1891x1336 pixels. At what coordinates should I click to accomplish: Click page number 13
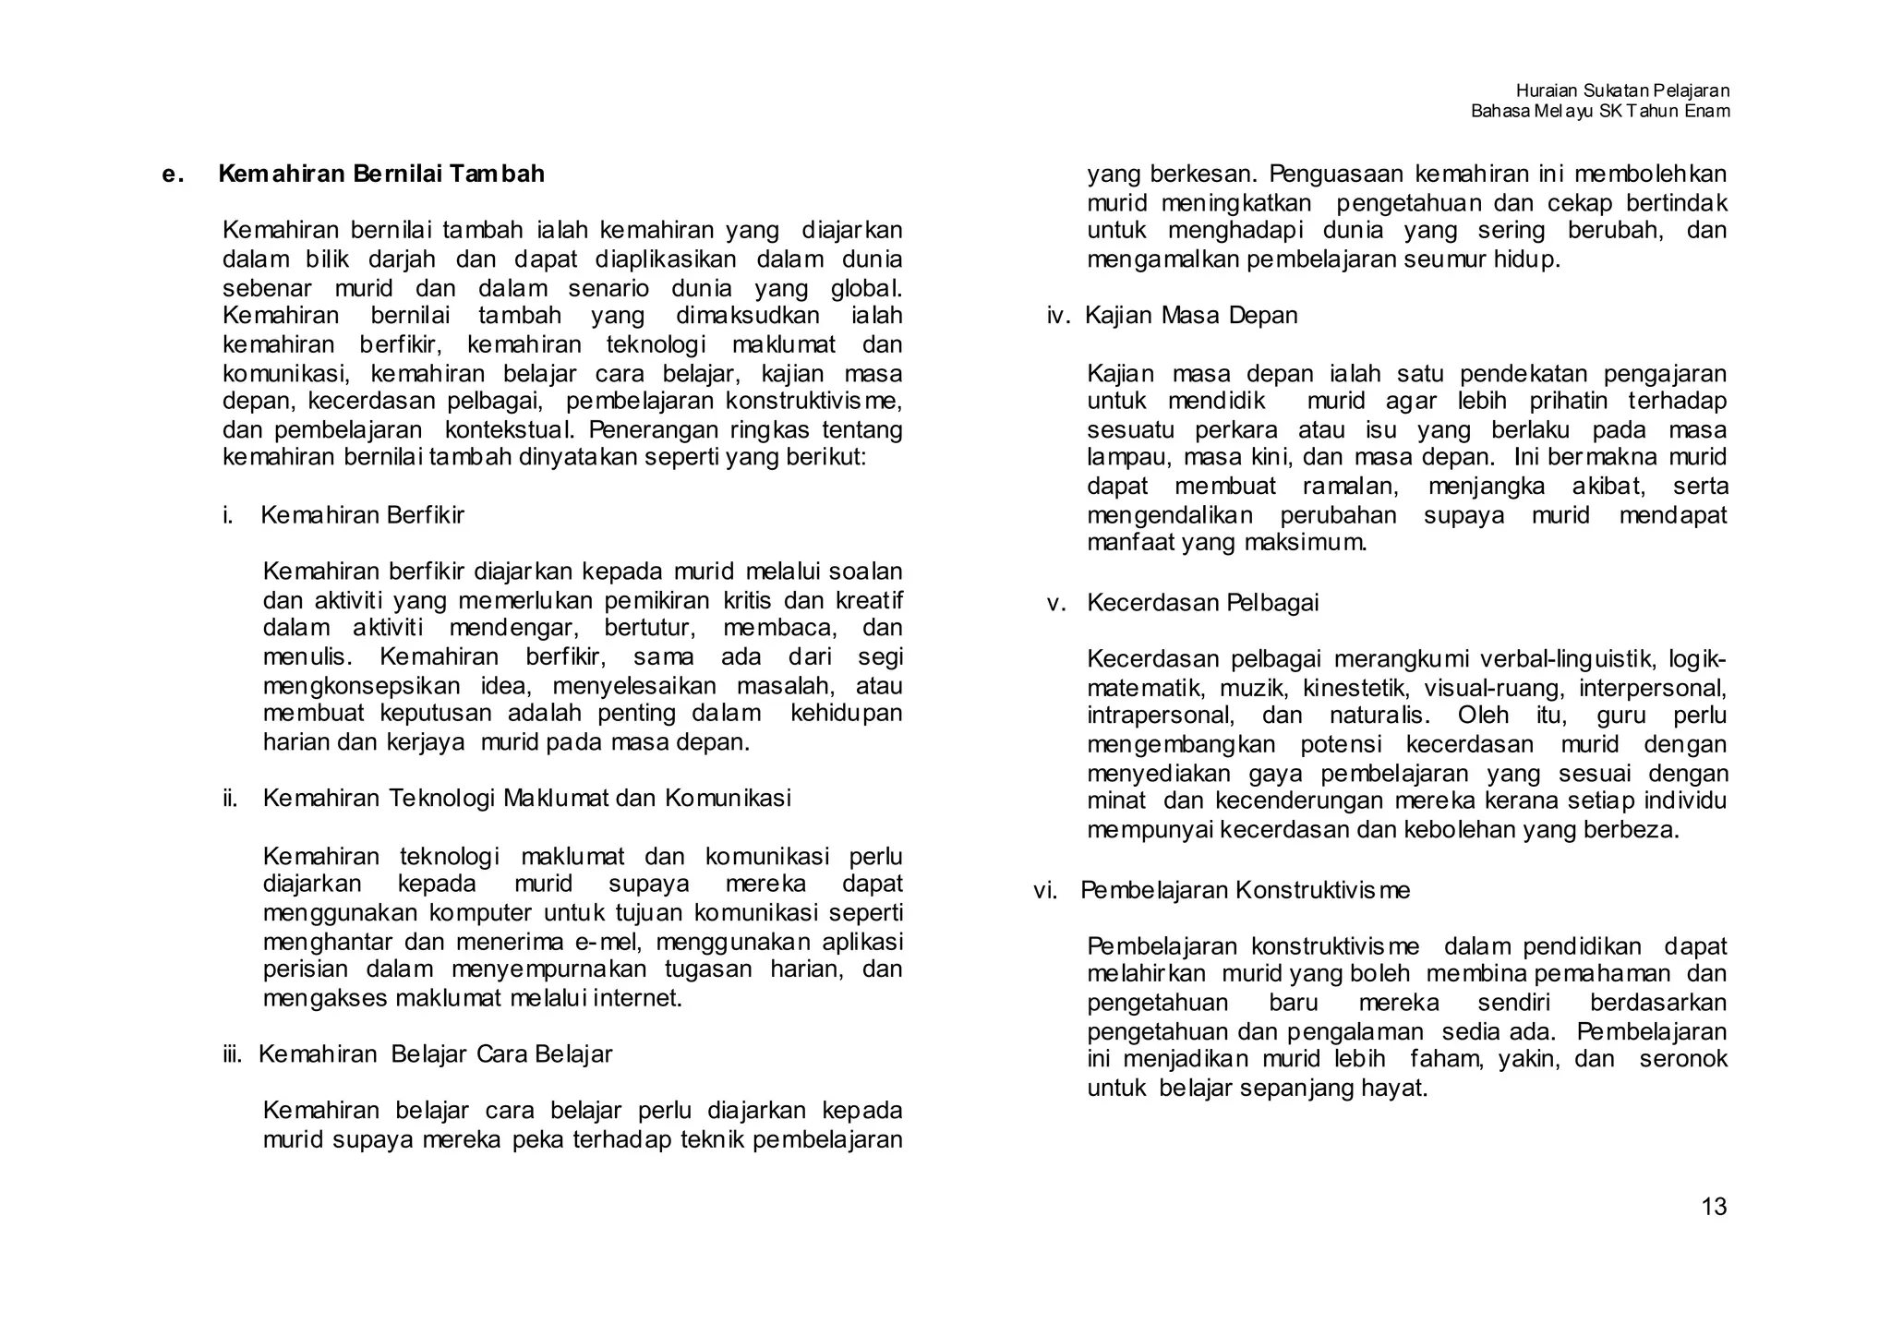click(x=1713, y=1207)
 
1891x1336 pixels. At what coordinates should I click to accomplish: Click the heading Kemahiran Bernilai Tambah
click(x=381, y=174)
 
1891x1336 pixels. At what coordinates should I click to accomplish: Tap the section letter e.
click(x=171, y=175)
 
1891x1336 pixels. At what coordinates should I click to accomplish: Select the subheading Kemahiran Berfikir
click(x=362, y=515)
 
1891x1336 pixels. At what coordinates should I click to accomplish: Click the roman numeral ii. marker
click(x=230, y=798)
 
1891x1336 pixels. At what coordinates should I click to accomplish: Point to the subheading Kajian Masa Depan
click(x=1191, y=316)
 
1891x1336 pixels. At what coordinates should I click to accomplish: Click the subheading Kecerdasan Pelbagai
click(x=1202, y=603)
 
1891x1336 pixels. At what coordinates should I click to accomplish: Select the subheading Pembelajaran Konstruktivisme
click(x=1245, y=890)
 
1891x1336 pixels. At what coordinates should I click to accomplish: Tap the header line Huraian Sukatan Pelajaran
click(x=1622, y=90)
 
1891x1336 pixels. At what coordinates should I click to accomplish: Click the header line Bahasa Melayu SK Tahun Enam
click(x=1600, y=111)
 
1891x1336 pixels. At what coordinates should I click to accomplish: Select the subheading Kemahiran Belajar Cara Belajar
click(x=435, y=1053)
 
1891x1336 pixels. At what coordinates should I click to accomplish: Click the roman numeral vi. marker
click(x=1044, y=890)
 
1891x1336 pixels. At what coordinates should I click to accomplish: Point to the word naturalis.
click(x=1379, y=716)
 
